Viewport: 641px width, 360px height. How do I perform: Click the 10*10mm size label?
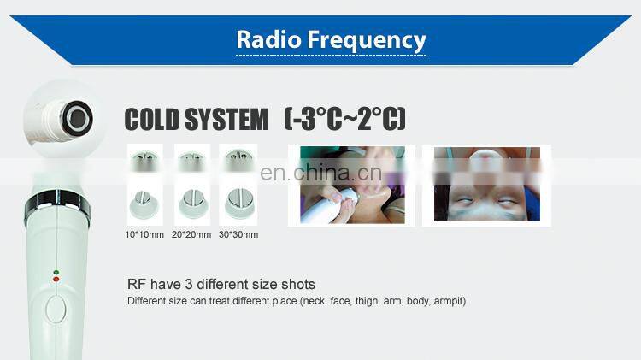143,233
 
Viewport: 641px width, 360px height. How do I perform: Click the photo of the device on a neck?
350,186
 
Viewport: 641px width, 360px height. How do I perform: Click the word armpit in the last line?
446,301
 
